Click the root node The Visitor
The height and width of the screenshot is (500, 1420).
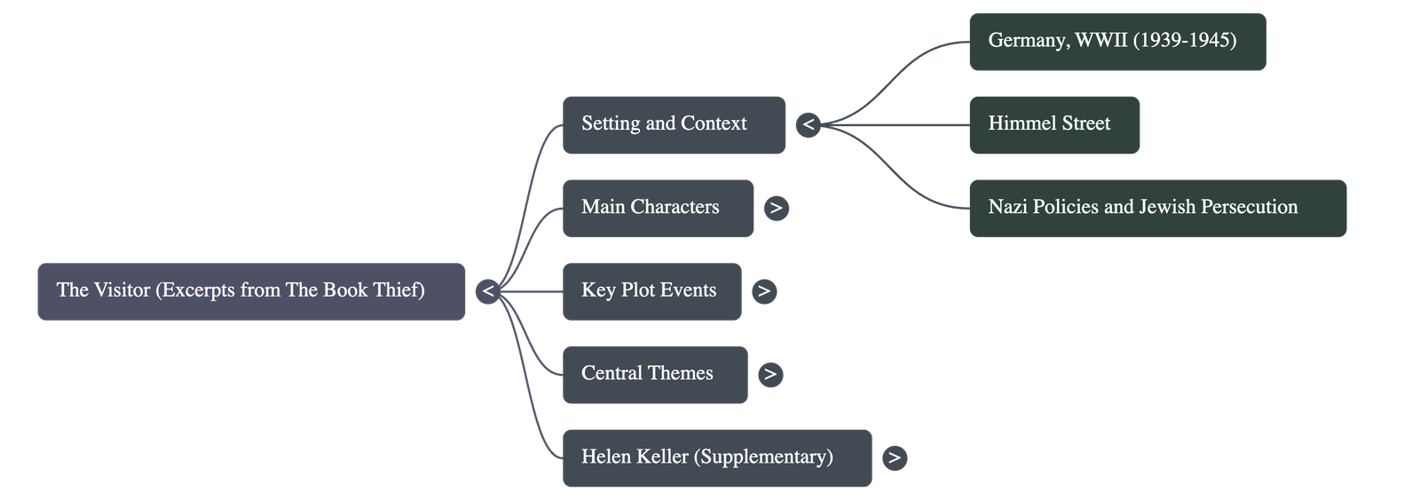pyautogui.click(x=250, y=290)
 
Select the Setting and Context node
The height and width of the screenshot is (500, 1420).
pyautogui.click(x=674, y=124)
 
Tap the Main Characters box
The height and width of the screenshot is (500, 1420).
pyautogui.click(x=658, y=208)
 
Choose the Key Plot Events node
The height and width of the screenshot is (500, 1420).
pyautogui.click(x=651, y=290)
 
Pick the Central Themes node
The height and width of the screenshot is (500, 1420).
pyautogui.click(x=654, y=374)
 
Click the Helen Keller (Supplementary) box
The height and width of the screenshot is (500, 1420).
pyautogui.click(x=716, y=457)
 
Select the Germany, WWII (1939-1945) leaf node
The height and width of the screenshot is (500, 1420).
pyautogui.click(x=1116, y=41)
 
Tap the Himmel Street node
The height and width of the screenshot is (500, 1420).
pyautogui.click(x=1053, y=124)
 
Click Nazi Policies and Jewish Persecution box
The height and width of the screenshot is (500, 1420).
pyautogui.click(x=1156, y=208)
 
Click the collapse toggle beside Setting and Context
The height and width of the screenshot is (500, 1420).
pyautogui.click(x=807, y=124)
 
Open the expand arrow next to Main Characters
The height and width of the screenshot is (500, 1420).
pyautogui.click(x=776, y=208)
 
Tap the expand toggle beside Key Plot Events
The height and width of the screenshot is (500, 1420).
pyautogui.click(x=763, y=290)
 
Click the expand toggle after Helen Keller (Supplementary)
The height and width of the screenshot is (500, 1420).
pyautogui.click(x=894, y=457)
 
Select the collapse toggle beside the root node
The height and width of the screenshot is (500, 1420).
pyautogui.click(x=487, y=290)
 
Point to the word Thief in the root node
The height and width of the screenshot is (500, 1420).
pyautogui.click(x=399, y=290)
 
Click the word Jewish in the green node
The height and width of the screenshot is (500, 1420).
pyautogui.click(x=1166, y=207)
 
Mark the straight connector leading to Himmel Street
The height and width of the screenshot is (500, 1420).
pyautogui.click(x=896, y=124)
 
